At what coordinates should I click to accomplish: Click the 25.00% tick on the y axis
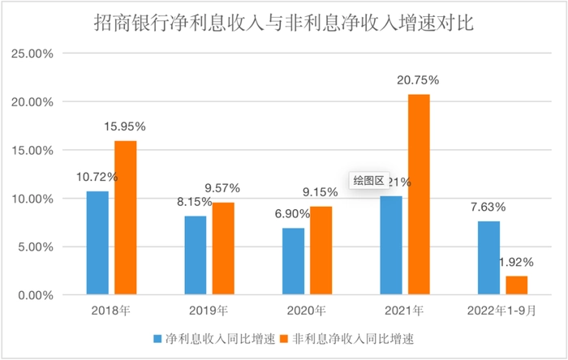(x=30, y=54)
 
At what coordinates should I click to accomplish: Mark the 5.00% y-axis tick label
(x=33, y=247)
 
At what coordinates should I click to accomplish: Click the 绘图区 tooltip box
(x=368, y=182)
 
